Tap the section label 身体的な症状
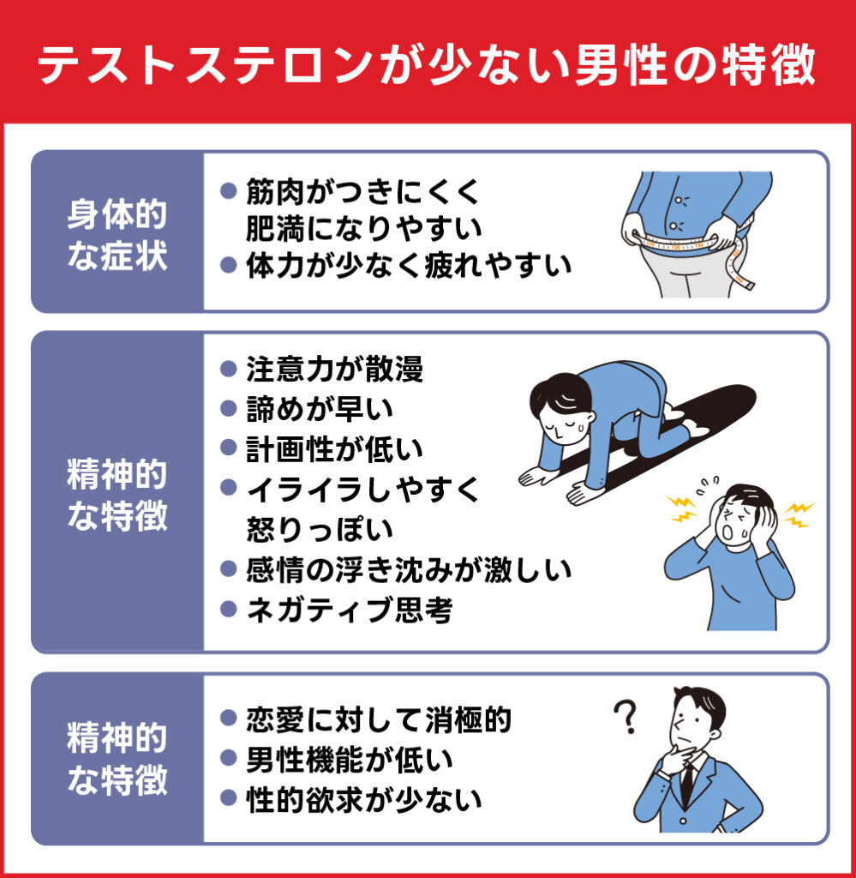tap(117, 232)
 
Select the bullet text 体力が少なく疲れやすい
tap(408, 266)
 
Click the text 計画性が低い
tap(334, 448)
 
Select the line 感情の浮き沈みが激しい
tap(408, 569)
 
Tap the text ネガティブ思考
tap(348, 610)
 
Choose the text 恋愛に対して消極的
tap(378, 719)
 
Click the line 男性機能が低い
tap(348, 760)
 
